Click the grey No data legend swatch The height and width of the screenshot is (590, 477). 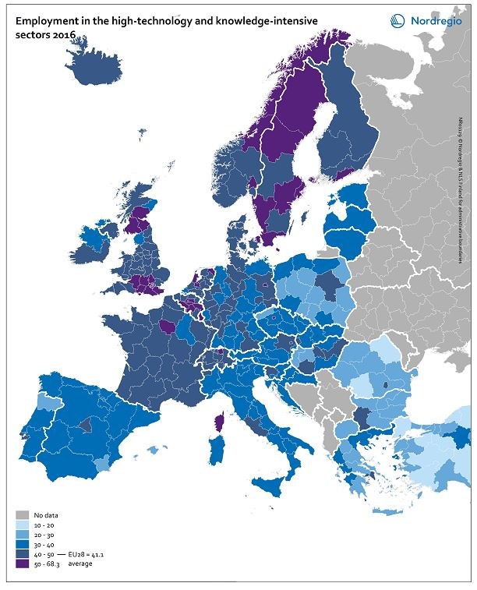pyautogui.click(x=23, y=515)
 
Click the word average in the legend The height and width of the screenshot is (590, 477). pyautogui.click(x=81, y=563)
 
